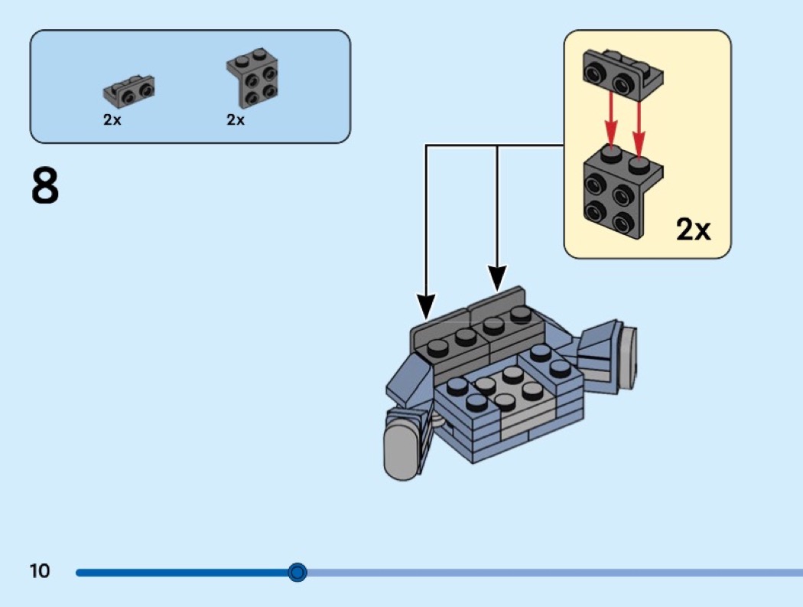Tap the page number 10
(x=40, y=571)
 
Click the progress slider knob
(x=297, y=572)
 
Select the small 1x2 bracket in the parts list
(x=128, y=92)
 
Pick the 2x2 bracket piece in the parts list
(x=252, y=80)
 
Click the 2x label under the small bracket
(x=112, y=121)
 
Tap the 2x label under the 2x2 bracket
(x=236, y=121)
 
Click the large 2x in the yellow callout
(x=693, y=229)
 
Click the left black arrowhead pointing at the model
(x=425, y=306)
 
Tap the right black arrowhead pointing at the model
(x=497, y=279)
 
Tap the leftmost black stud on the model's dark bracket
(x=437, y=348)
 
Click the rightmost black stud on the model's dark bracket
(x=520, y=313)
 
